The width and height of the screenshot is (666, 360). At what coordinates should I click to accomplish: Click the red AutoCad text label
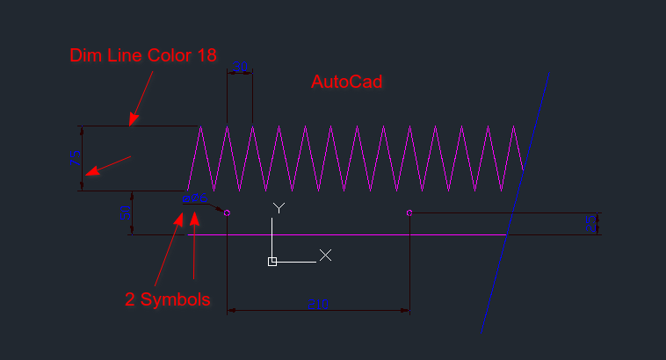pos(347,82)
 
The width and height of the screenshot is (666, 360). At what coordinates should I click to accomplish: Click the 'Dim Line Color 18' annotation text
pos(143,55)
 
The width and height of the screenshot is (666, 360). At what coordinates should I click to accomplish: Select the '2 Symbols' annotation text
pos(168,299)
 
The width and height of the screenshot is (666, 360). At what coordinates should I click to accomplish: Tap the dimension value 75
pos(75,158)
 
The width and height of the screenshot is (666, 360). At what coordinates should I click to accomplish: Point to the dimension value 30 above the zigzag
pos(240,67)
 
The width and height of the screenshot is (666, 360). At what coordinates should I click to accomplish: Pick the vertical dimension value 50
pos(124,212)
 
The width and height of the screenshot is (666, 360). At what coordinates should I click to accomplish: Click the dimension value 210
pos(318,304)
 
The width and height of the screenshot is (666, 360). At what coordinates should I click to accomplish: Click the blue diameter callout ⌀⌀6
pos(192,199)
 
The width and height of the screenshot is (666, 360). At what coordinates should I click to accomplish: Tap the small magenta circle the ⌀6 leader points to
pos(228,212)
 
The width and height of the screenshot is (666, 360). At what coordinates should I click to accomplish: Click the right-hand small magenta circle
pos(409,212)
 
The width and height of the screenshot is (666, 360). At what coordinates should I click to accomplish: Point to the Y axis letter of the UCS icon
pos(279,208)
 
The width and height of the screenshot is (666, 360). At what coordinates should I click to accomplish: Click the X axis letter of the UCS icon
pos(325,255)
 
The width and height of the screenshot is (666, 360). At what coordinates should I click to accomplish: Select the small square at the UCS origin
pos(272,262)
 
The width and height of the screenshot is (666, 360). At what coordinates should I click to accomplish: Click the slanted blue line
pos(516,202)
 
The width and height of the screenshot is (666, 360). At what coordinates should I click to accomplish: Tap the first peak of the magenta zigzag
pos(201,126)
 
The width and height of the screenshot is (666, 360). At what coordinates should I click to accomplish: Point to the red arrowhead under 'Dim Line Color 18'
pos(133,121)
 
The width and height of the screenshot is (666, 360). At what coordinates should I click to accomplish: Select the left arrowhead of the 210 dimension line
pos(230,310)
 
